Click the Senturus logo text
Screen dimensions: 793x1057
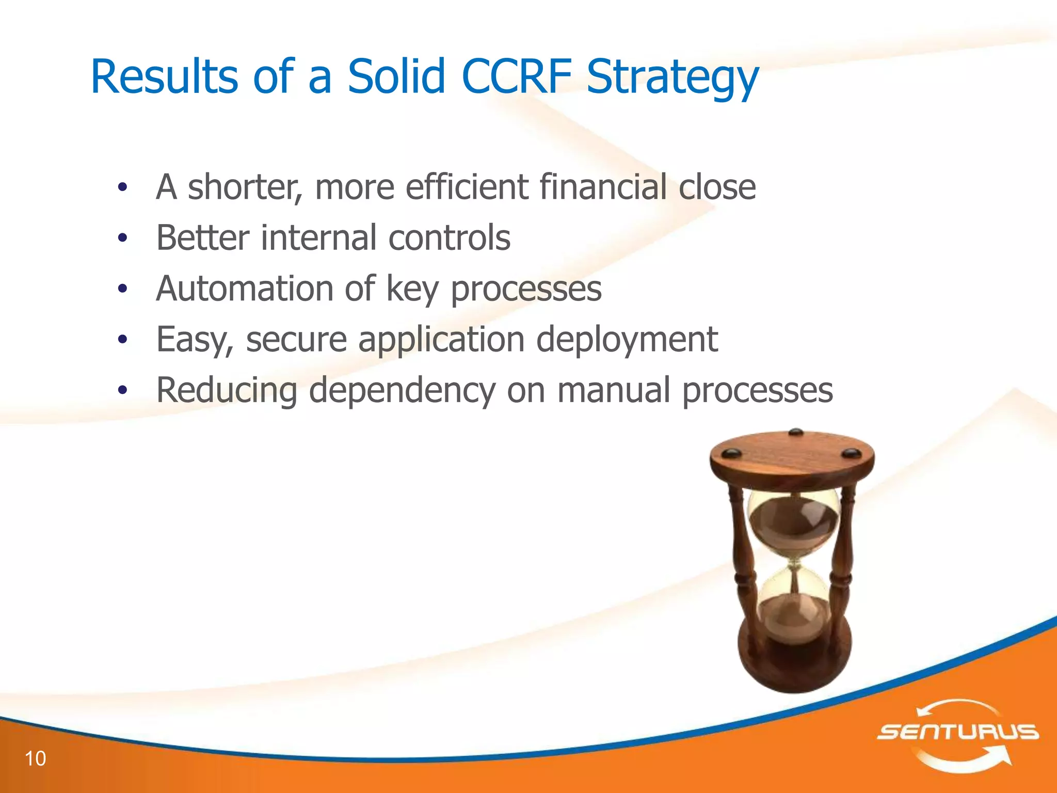[958, 732]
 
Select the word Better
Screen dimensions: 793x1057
[203, 237]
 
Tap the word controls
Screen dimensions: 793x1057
[449, 237]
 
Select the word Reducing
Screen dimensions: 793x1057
[227, 391]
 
